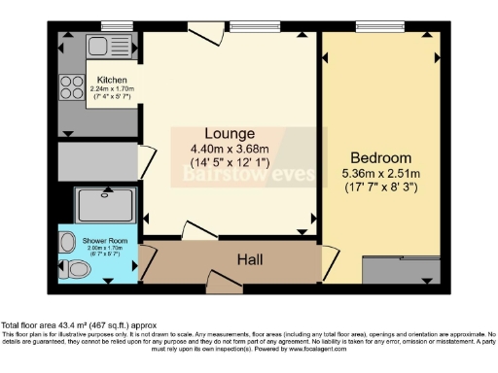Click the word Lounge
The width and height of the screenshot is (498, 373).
[x=229, y=133]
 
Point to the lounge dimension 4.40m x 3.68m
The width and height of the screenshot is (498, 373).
[x=229, y=149]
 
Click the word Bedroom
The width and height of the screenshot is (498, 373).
[x=381, y=157]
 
